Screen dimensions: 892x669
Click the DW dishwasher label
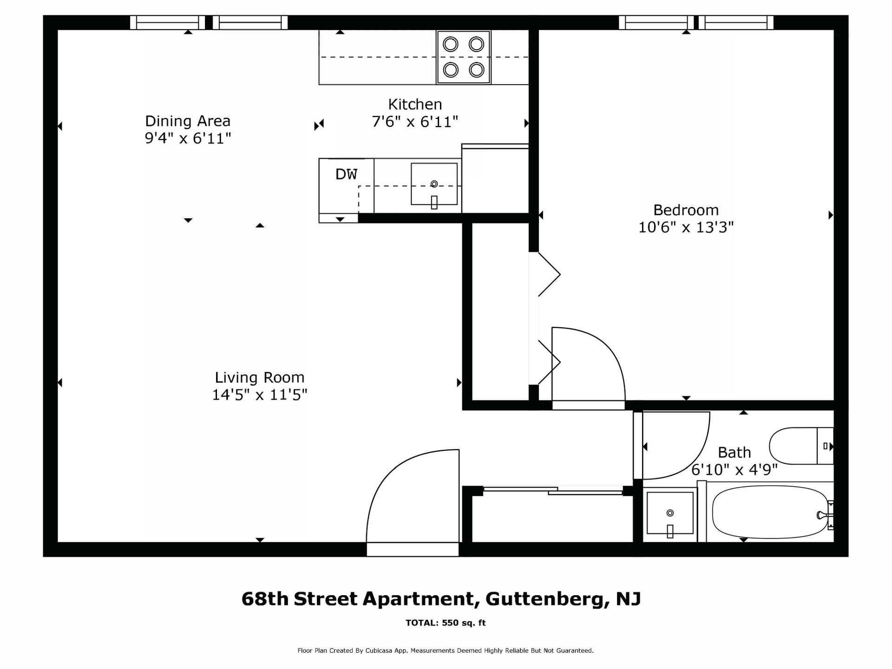[346, 174]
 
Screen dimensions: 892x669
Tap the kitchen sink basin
[434, 184]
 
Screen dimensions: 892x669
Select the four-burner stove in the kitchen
[463, 57]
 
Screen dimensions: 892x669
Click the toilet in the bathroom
[801, 446]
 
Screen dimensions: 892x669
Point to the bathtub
[772, 512]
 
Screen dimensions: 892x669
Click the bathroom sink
[669, 513]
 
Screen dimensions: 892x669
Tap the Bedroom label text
[686, 210]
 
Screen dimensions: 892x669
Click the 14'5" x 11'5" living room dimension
[260, 395]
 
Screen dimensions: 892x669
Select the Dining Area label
[188, 121]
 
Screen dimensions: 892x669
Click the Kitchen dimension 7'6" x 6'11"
[415, 122]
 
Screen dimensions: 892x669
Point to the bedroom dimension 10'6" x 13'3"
[686, 227]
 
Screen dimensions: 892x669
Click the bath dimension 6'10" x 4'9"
[734, 470]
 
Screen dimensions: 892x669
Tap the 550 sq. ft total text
[464, 623]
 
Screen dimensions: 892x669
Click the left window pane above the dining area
[167, 22]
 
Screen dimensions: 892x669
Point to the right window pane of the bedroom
[736, 22]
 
